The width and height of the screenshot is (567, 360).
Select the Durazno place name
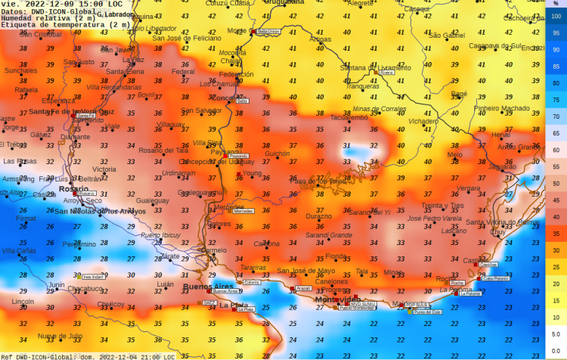pos(318,216)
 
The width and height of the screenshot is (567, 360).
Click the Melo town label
pos(454,154)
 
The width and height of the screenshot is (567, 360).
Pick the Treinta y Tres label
pos(442,205)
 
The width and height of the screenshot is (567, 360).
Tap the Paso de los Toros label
pos(318,182)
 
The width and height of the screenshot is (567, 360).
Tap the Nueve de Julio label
pos(60,336)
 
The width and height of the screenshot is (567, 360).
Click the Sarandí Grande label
pos(329,235)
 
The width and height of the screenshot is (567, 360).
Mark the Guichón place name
pos(277,154)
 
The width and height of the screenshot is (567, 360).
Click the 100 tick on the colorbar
pos(556,15)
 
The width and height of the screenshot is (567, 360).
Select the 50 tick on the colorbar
pos(556,183)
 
